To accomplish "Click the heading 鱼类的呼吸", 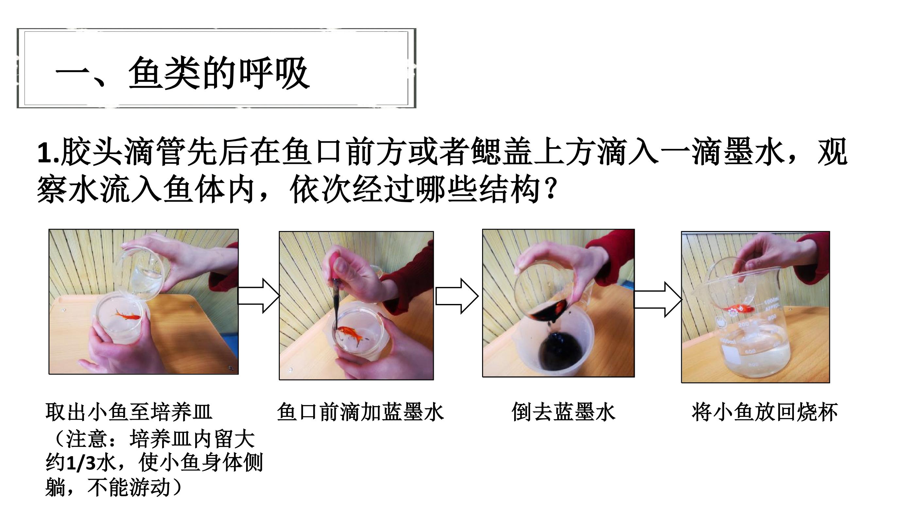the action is pos(219,73).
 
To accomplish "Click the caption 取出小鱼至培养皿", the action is pos(129,412).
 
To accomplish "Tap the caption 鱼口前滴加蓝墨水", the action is pos(360,412).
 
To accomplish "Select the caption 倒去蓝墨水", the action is pos(563,412).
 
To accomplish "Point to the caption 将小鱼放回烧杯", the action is pos(764,412).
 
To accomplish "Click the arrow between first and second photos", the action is pos(259,296).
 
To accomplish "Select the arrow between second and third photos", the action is pos(457,296).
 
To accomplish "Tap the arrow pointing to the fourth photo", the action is pos(658,299).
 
